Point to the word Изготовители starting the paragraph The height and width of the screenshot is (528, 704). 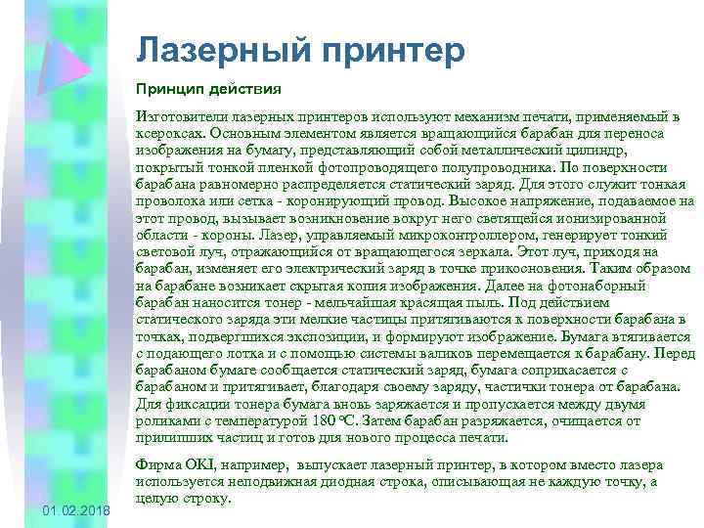point(179,116)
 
